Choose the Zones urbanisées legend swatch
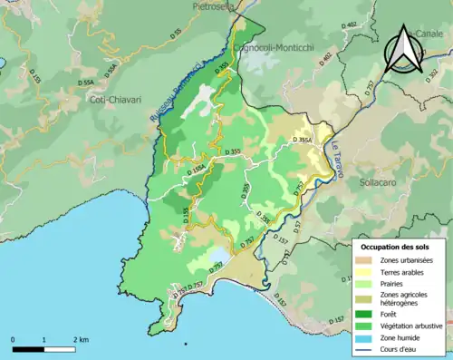[366, 260]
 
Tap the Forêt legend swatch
[366, 311]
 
